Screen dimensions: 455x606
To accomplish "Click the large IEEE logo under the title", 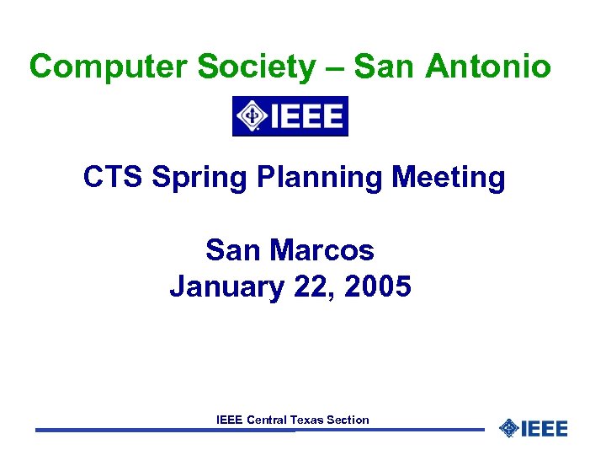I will pyautogui.click(x=290, y=116).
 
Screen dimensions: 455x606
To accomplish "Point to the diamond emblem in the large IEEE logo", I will pyautogui.click(x=250, y=116).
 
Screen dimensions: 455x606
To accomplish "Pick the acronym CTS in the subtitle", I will pyautogui.click(x=110, y=178).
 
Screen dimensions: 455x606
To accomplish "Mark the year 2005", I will pyautogui.click(x=378, y=287).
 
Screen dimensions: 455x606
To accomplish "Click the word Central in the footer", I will pyautogui.click(x=267, y=420).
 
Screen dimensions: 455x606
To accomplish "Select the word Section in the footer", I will pyautogui.click(x=348, y=420).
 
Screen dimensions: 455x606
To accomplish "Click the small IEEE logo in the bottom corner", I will pyautogui.click(x=534, y=429).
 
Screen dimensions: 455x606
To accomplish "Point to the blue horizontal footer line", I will pyautogui.click(x=168, y=431).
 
